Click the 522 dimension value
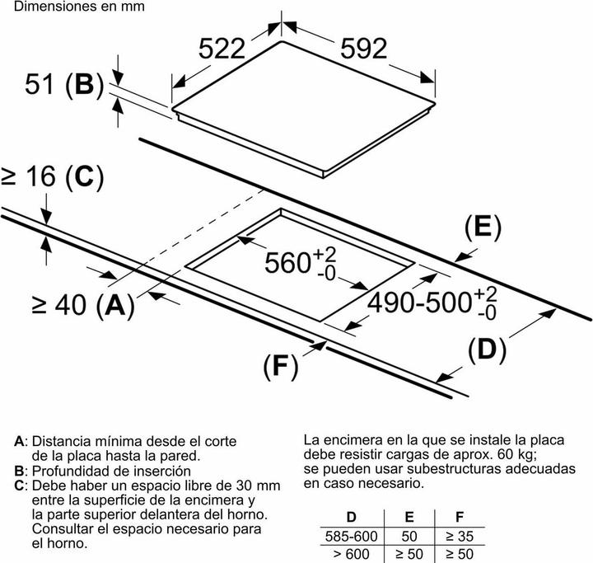pos(222,49)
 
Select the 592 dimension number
pos(364,49)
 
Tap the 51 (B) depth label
pos(64,84)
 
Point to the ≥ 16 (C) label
pos(52,176)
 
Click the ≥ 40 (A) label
pos(83,305)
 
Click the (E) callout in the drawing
pos(483,228)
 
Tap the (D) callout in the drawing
pos(487,350)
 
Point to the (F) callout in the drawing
pos(281,367)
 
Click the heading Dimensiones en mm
pos(79,7)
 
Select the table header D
pos(352,517)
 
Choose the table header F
pos(460,517)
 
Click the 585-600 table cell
pos(352,536)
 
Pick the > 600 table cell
pos(352,554)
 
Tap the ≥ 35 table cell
pos(460,536)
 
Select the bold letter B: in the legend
pos(19,471)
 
